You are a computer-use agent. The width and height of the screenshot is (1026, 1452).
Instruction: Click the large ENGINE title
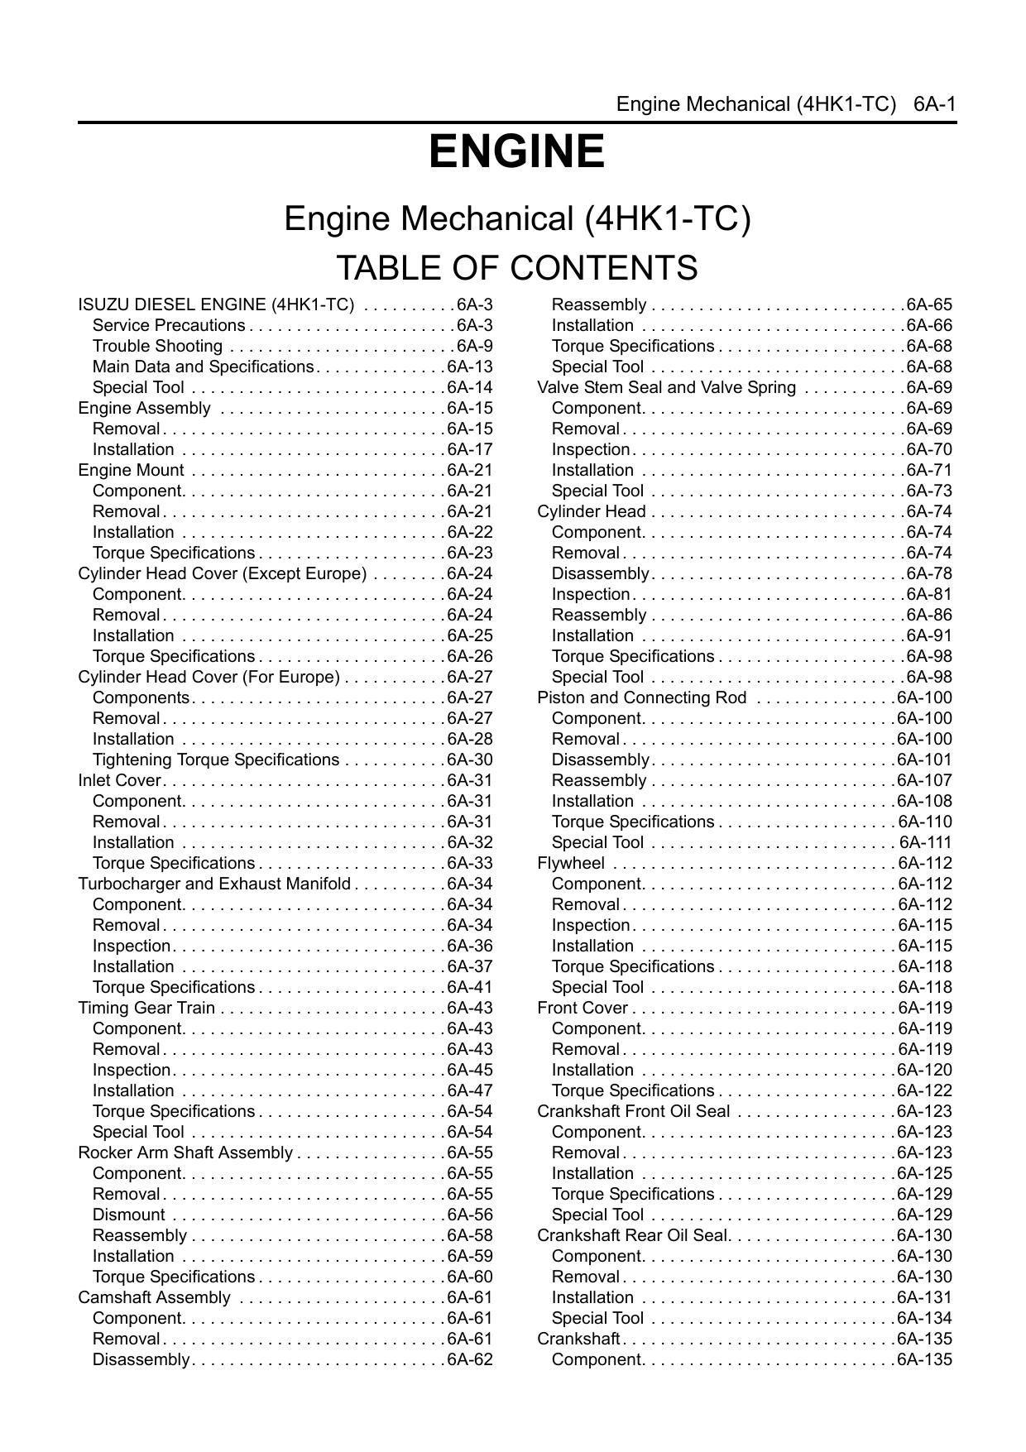[x=516, y=152]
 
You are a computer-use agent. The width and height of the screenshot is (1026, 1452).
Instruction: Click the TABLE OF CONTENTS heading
[x=516, y=268]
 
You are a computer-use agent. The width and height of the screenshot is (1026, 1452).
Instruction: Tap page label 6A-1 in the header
[x=935, y=104]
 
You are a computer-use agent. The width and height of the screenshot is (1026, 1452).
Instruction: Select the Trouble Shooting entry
[x=157, y=346]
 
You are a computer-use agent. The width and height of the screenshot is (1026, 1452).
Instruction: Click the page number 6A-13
[x=469, y=367]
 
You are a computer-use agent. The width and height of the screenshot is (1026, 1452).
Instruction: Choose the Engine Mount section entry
[x=131, y=470]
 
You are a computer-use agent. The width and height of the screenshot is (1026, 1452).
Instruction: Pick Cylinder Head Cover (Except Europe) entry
[x=222, y=573]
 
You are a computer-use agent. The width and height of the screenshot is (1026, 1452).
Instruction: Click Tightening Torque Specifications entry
[x=215, y=760]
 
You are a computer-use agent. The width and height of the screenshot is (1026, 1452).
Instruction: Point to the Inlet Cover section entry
[x=120, y=780]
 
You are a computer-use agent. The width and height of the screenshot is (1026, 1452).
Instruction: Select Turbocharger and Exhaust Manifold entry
[x=214, y=884]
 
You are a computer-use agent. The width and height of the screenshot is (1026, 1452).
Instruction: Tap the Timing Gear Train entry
[x=146, y=1008]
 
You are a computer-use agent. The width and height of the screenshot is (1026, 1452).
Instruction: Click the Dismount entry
[x=128, y=1215]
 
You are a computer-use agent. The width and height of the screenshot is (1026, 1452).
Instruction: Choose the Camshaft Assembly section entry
[x=154, y=1297]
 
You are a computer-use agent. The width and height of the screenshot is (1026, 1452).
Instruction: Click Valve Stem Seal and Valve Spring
[x=666, y=387]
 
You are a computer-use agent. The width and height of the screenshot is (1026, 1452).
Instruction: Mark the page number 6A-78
[x=928, y=573]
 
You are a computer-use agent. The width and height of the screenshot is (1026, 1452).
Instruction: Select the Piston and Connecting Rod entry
[x=641, y=697]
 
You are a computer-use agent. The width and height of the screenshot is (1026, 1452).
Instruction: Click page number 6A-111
[x=925, y=842]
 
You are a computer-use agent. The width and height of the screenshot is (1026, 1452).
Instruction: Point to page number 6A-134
[x=924, y=1318]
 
